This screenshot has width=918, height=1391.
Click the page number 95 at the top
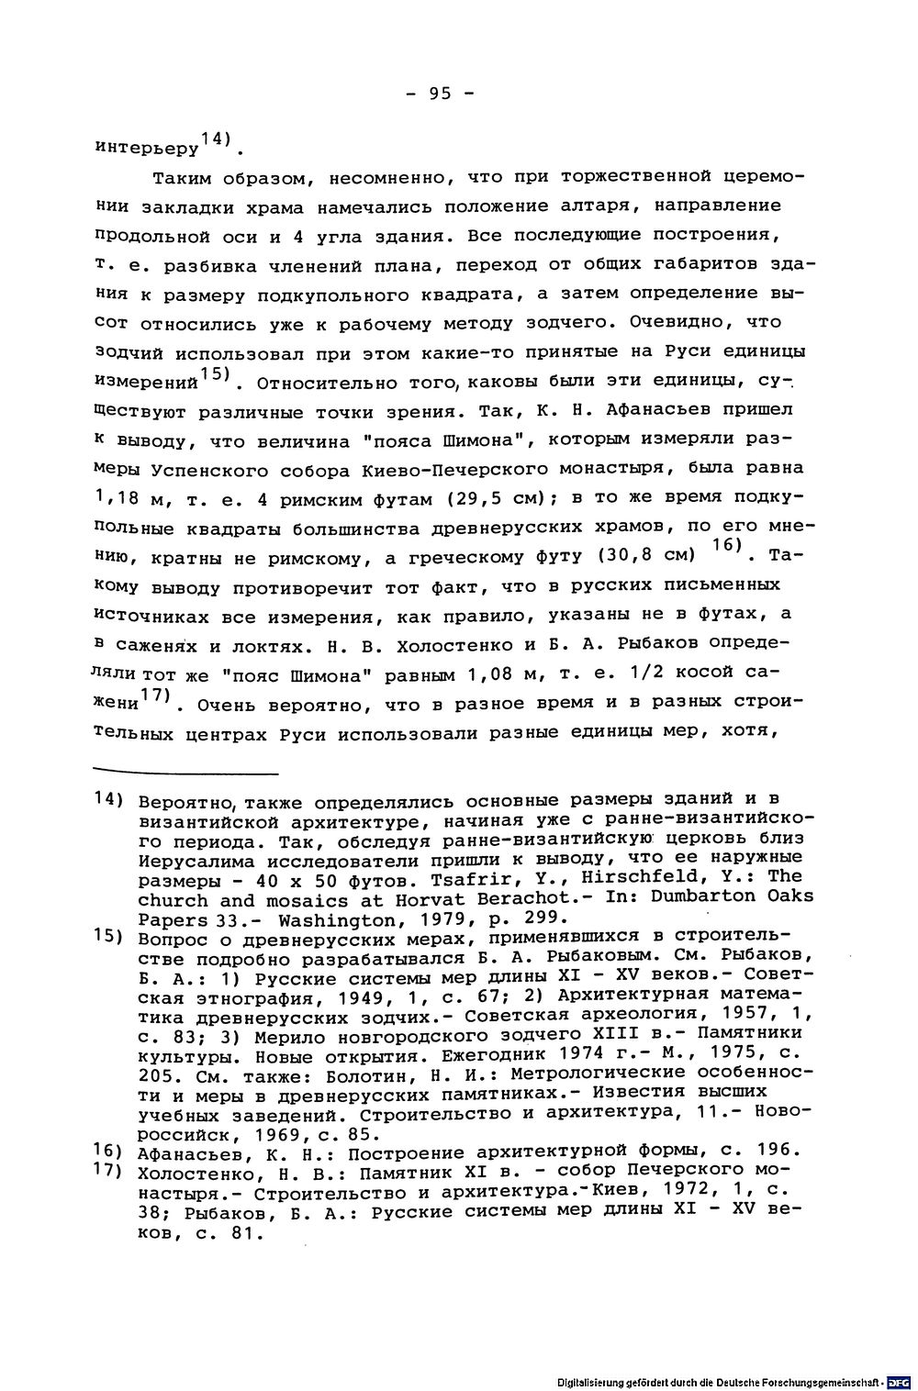click(440, 95)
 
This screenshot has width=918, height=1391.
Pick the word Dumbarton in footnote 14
click(699, 896)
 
